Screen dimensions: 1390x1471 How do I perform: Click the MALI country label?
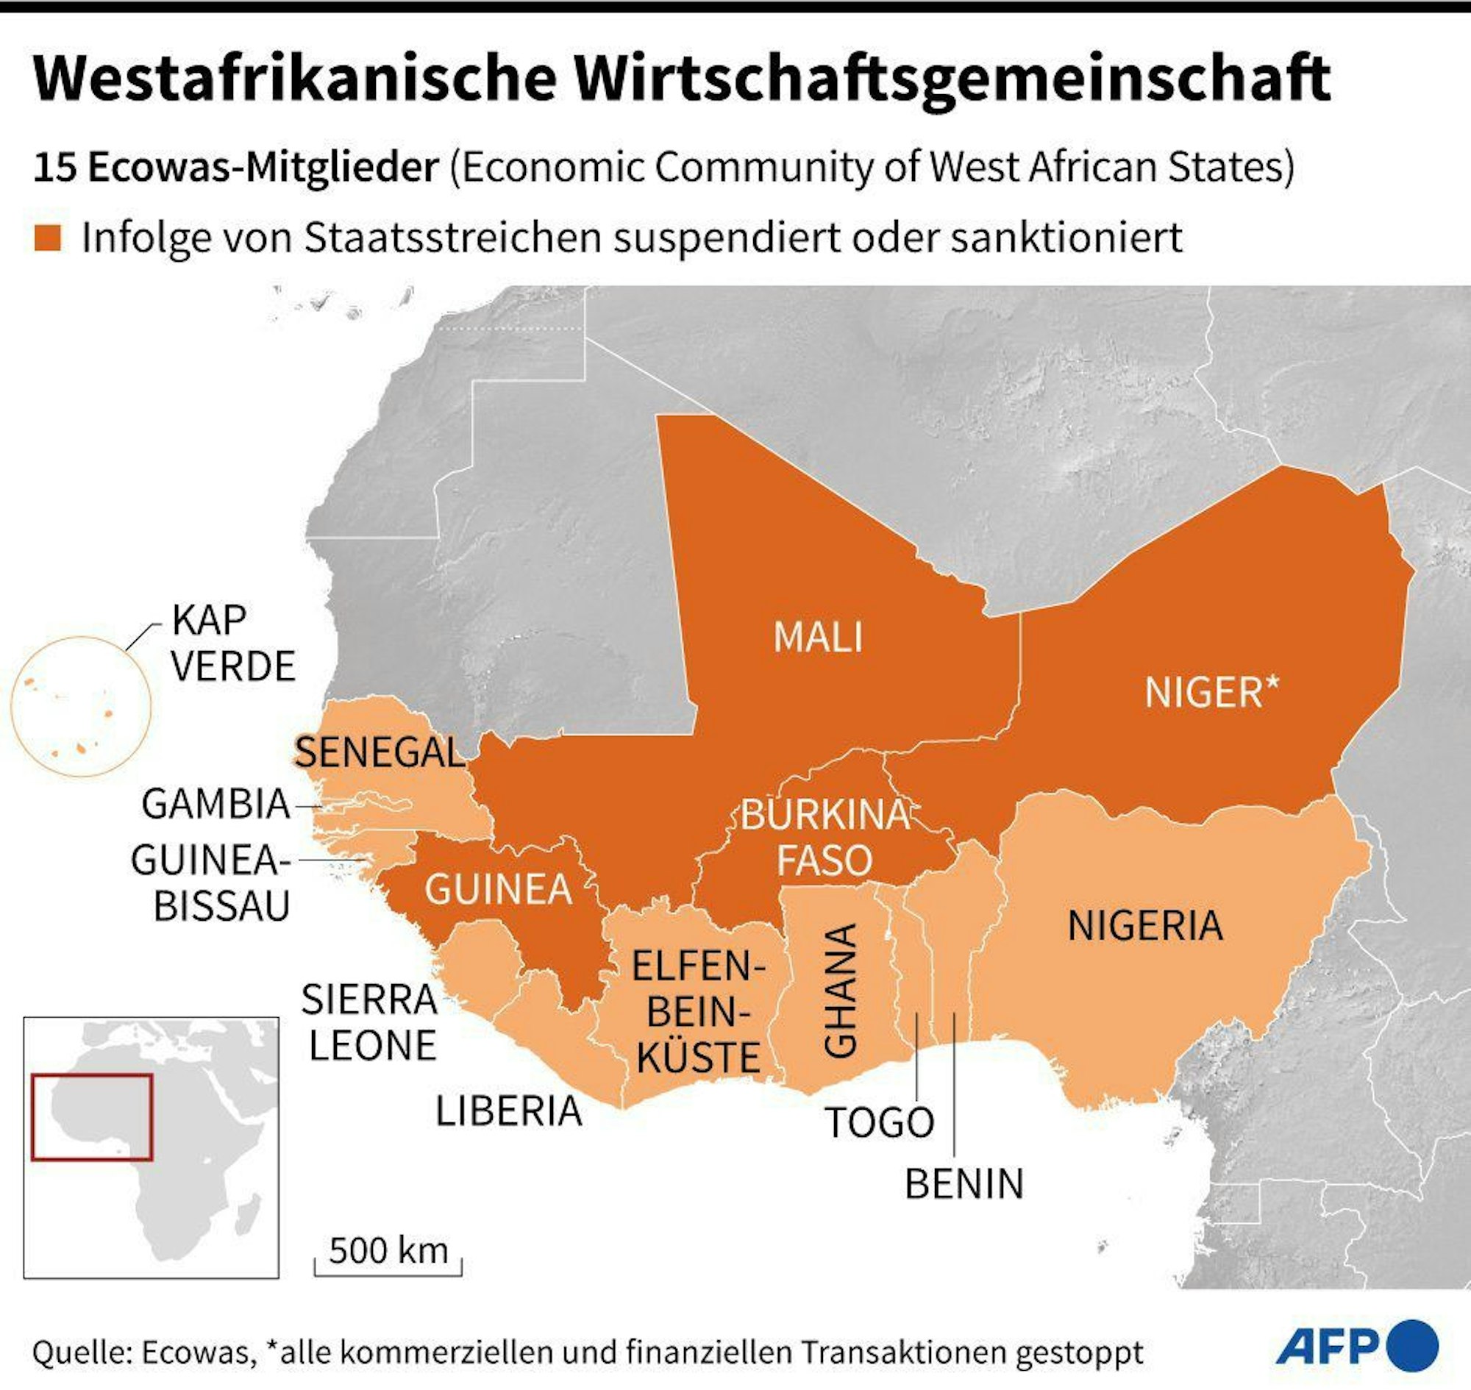point(818,637)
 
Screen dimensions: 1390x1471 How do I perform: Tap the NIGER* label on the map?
point(1211,693)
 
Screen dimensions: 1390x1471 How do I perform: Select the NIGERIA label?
point(1145,925)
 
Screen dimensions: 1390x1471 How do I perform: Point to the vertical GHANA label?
point(841,991)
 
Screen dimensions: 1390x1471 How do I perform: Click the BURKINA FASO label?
point(824,838)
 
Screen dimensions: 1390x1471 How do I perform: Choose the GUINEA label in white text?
point(498,889)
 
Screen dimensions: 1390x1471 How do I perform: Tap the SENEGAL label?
point(380,753)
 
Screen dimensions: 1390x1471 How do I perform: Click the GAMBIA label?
point(216,804)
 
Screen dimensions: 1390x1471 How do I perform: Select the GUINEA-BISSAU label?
point(210,883)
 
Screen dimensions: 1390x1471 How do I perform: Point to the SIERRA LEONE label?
point(370,1022)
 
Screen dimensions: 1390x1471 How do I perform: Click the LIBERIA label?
point(508,1111)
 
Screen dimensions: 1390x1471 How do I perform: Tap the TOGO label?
point(879,1122)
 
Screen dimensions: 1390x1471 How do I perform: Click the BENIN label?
point(964,1183)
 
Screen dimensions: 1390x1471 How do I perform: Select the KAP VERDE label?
point(232,642)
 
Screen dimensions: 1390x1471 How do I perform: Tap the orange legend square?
point(47,238)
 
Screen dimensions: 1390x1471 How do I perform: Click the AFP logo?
point(1356,1346)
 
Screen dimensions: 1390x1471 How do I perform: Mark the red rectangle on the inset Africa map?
point(92,1116)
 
